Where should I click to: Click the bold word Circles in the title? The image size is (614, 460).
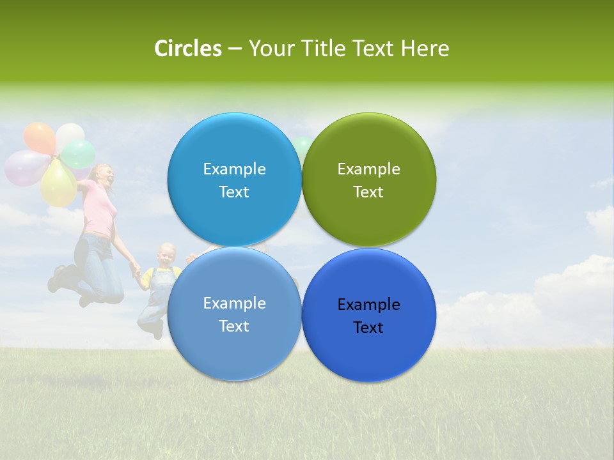[x=188, y=49]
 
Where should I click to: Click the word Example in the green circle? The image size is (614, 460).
[x=368, y=169]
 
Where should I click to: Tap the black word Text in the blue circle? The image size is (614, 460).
[x=368, y=327]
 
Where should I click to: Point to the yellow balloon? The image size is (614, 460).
[x=58, y=184]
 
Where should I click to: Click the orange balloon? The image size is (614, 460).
[x=39, y=137]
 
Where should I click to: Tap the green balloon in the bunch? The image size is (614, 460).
[x=79, y=154]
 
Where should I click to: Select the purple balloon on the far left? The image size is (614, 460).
[x=24, y=167]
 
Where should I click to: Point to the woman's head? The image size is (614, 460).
[x=102, y=176]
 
